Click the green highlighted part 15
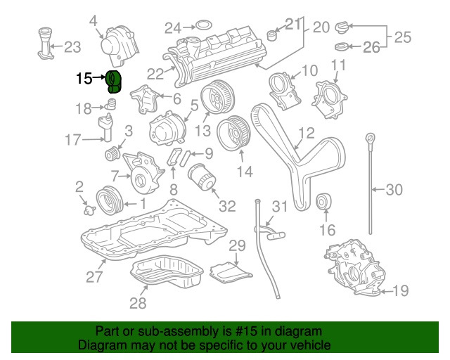[x=113, y=82]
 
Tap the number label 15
[x=84, y=79]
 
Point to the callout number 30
[x=394, y=188]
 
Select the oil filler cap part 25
[x=342, y=29]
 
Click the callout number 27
[x=94, y=276]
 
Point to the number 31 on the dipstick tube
[x=280, y=206]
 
